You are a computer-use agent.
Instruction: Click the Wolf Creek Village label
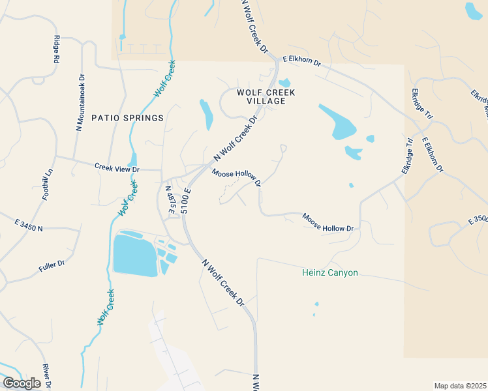point(266,96)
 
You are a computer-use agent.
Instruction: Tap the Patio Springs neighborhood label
point(127,118)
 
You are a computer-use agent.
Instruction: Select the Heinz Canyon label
point(330,272)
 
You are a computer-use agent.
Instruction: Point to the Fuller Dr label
point(52,264)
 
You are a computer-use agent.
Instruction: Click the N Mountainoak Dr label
point(80,102)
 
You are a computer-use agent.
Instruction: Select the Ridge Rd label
point(57,49)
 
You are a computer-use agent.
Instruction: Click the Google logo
point(22,383)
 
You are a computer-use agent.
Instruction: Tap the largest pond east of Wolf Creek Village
point(338,122)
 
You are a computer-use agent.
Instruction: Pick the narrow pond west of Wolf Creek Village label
point(206,114)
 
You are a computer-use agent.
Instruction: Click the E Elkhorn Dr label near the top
point(301,63)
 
